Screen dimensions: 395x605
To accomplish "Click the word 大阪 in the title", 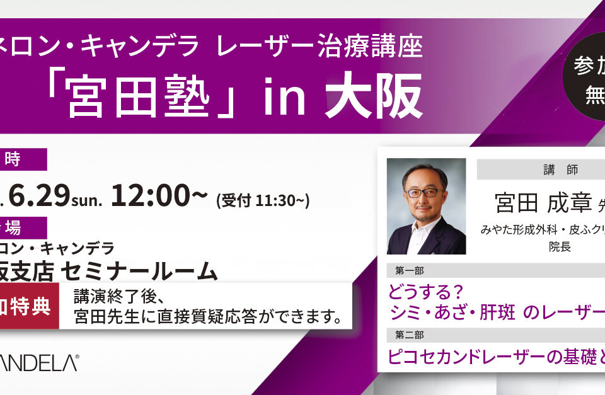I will pos(373,96).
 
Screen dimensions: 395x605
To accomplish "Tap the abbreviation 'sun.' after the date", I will pos(86,200).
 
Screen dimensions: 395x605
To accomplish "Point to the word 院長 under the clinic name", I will pos(560,247).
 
